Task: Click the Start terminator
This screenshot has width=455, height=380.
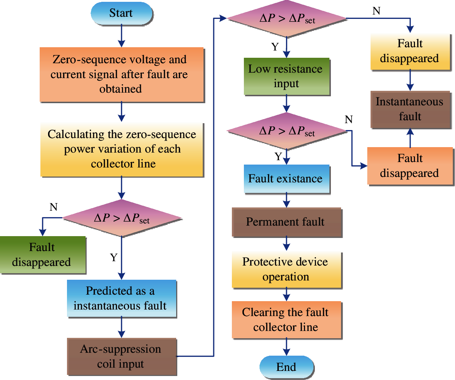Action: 121,13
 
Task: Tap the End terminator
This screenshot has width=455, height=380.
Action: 286,367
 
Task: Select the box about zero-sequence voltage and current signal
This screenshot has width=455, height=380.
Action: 122,74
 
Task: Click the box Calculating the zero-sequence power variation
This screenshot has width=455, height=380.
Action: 122,149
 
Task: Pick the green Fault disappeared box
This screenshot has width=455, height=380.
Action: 43,255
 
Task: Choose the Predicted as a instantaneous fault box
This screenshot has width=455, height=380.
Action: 122,298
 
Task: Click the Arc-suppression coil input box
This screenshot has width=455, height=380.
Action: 122,356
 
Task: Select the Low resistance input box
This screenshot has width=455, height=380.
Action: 286,76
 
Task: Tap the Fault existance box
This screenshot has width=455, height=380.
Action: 286,179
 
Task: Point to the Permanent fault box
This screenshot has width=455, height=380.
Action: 286,222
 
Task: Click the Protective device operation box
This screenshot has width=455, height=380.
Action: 286,270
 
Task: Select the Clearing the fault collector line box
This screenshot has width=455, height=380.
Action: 286,320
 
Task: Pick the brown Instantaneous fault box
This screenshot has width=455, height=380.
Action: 410,109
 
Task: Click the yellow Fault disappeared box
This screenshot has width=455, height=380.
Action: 410,51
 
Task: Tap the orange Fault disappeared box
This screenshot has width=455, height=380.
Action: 410,166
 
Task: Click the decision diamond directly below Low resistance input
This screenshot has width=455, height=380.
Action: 286,131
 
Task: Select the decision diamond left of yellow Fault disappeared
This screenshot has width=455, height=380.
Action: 286,18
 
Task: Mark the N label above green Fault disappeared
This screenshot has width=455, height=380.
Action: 54,207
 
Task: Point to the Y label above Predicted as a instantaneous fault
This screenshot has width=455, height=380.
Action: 114,258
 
